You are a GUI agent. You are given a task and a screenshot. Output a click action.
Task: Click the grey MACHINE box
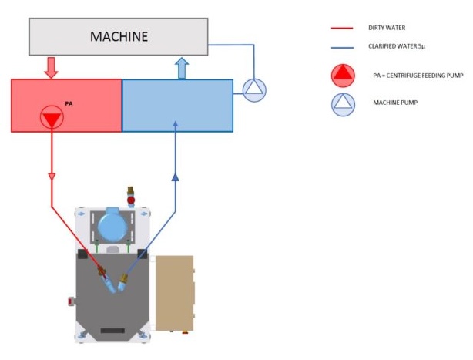pyautogui.click(x=118, y=36)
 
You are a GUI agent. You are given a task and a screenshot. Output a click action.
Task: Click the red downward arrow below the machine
pyautogui.click(x=51, y=67)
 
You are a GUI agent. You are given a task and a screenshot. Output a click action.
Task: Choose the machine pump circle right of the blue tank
pyautogui.click(x=253, y=90)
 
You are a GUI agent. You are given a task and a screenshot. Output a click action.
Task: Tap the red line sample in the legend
pyautogui.click(x=341, y=29)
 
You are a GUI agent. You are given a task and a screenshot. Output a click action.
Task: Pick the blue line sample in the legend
pyautogui.click(x=341, y=48)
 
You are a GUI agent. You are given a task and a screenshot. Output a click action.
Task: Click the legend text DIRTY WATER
pyautogui.click(x=385, y=29)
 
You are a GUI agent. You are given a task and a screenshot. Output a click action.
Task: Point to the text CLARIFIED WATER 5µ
pyautogui.click(x=398, y=48)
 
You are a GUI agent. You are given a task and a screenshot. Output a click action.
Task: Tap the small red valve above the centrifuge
pyautogui.click(x=131, y=200)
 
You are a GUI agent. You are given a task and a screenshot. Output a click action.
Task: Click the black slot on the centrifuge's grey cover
pyautogui.click(x=112, y=330)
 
